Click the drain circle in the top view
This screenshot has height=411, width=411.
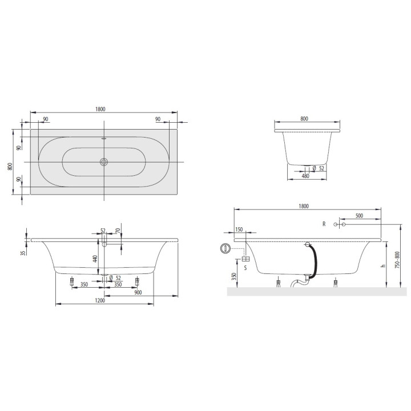pyautogui.click(x=104, y=162)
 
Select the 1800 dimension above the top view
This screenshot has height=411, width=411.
pyautogui.click(x=101, y=110)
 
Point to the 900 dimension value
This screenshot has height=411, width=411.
pyautogui.click(x=138, y=292)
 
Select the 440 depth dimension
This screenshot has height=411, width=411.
pyautogui.click(x=96, y=259)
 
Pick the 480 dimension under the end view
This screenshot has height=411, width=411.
pyautogui.click(x=305, y=176)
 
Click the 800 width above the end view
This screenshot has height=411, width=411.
pyautogui.click(x=304, y=119)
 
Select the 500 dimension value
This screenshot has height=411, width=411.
pyautogui.click(x=359, y=216)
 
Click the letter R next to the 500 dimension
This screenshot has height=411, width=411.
pyautogui.click(x=324, y=224)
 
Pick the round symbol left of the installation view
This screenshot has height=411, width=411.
pyautogui.click(x=225, y=248)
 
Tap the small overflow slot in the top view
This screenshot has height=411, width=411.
pyautogui.click(x=104, y=138)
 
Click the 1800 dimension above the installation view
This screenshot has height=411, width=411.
pyautogui.click(x=304, y=205)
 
